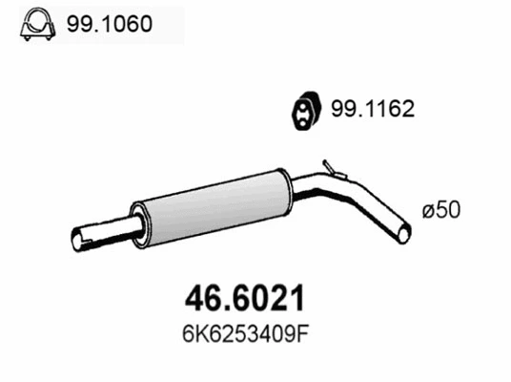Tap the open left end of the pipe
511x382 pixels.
(78, 237)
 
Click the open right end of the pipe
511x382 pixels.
(404, 232)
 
